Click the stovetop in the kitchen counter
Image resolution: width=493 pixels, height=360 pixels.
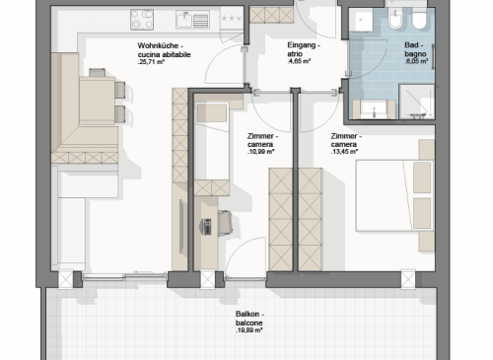pos(142,20)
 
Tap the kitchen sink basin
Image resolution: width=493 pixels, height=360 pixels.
pos(184,20)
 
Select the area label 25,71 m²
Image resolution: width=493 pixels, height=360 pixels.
pos(151,62)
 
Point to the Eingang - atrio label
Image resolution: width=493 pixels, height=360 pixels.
pos(304,49)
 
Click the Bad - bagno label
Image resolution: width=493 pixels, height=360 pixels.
pos(415,49)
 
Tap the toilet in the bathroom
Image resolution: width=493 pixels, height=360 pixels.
pos(419,18)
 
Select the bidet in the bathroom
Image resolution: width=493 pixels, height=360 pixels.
pos(395,19)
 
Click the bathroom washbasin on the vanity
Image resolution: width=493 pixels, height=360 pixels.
pos(374,108)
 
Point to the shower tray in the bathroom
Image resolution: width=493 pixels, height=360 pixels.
pos(417,102)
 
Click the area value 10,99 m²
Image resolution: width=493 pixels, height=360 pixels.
pos(260,152)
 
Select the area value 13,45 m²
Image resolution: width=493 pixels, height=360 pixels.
pos(344,152)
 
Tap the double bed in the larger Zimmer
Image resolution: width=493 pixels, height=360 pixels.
pos(394,196)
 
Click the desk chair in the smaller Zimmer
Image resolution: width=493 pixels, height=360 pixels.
pos(225,223)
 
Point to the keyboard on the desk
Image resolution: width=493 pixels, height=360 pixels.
pos(207,226)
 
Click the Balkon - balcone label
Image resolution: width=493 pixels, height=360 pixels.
pos(249,319)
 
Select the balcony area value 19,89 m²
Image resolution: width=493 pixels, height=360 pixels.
pos(248,330)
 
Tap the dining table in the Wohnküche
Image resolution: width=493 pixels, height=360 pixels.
pos(98,101)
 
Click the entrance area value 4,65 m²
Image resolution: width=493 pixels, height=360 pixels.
pos(299,61)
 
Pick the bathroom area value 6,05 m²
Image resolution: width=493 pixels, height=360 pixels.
pos(416,61)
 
